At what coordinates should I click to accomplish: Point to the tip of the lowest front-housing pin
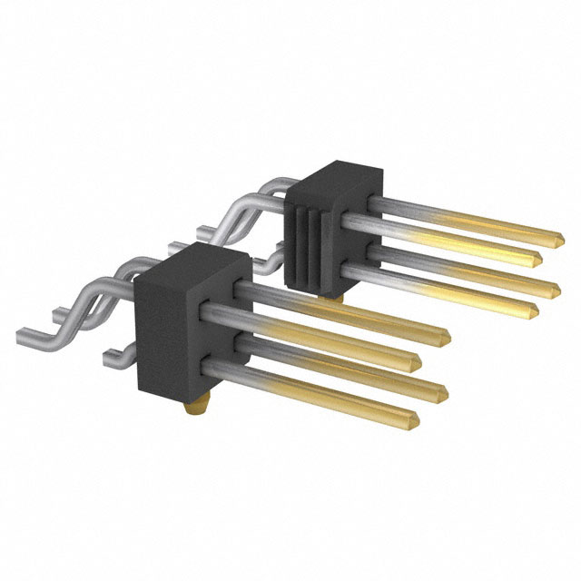414,419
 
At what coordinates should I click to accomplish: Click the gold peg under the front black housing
193,409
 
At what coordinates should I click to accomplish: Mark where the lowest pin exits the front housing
212,366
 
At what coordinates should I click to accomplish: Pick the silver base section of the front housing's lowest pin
245,374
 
